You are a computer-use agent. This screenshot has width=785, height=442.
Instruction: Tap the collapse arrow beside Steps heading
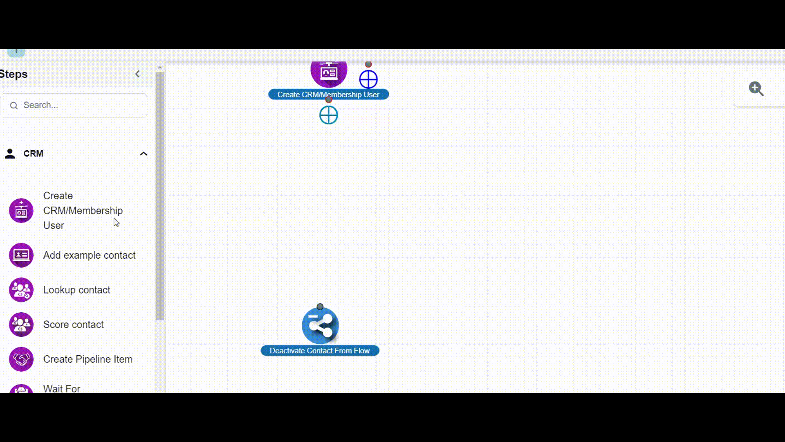137,74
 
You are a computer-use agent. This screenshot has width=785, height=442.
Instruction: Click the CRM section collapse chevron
144,154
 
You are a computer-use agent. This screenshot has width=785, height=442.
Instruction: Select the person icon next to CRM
10,154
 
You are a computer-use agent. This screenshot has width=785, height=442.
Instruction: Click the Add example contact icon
21,255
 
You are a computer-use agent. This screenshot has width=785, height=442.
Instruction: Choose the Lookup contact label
76,290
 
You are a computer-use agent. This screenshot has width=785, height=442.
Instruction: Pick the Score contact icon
21,325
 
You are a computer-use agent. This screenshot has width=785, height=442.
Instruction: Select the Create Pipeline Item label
87,359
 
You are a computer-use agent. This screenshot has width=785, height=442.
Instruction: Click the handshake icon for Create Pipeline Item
21,359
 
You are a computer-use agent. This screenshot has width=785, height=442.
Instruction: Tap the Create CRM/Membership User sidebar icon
21,211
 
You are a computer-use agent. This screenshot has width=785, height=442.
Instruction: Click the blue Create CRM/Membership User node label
328,95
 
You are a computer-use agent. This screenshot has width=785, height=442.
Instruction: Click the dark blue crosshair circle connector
368,79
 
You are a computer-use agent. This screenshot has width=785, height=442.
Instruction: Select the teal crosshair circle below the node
329,115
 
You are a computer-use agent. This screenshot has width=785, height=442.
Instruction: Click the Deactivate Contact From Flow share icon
320,325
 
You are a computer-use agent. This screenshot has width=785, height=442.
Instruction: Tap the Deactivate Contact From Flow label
320,351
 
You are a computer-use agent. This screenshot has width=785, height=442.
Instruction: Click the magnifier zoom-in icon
756,89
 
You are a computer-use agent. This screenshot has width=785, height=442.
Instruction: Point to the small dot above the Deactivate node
320,307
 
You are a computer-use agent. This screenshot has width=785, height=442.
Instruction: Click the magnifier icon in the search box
14,106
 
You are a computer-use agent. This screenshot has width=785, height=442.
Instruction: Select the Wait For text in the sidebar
62,388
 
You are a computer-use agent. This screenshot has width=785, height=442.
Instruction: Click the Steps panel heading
14,74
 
